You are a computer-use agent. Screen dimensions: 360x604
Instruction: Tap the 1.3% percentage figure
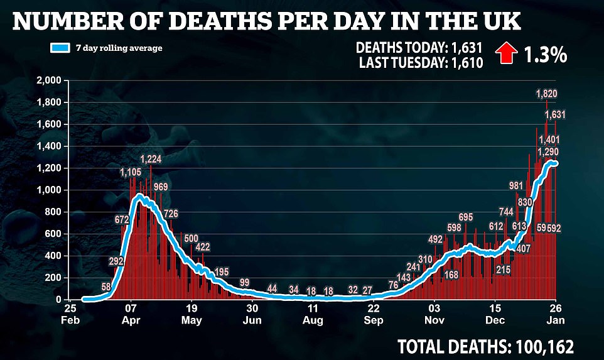pyautogui.click(x=546, y=55)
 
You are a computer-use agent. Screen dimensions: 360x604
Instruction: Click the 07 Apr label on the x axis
pyautogui.click(x=130, y=315)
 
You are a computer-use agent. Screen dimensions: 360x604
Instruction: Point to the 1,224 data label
pyautogui.click(x=151, y=159)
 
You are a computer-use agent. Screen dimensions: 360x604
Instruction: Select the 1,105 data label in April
pyautogui.click(x=131, y=172)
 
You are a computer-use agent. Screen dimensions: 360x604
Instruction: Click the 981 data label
pyautogui.click(x=516, y=185)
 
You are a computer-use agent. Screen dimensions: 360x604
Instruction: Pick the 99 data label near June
pyautogui.click(x=245, y=282)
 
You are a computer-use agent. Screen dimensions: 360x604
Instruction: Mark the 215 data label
pyautogui.click(x=503, y=270)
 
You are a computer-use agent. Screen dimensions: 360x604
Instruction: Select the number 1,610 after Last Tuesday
pyautogui.click(x=465, y=63)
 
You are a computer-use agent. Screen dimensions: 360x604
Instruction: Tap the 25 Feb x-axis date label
pyautogui.click(x=70, y=315)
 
